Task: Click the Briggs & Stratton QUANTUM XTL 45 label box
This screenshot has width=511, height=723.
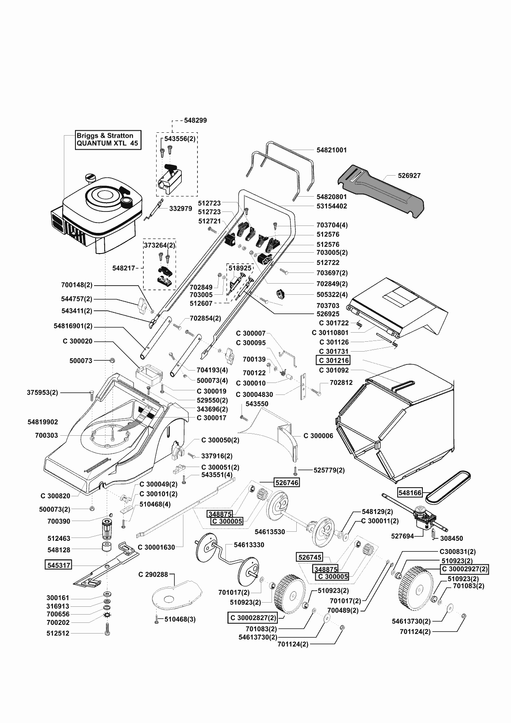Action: tap(108, 140)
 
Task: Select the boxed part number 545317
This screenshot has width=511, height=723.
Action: tap(58, 565)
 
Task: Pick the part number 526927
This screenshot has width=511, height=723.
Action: tap(409, 175)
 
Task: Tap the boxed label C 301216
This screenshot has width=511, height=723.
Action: tap(333, 360)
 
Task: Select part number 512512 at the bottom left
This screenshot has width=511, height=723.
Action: tap(58, 633)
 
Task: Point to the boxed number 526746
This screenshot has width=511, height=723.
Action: tap(287, 482)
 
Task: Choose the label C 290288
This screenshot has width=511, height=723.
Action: tap(153, 574)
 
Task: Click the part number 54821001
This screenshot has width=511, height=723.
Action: tap(332, 150)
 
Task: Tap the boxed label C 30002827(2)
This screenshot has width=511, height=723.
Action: tap(252, 617)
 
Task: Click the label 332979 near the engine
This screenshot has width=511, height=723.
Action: tap(180, 209)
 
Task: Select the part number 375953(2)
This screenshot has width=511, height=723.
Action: tap(43, 392)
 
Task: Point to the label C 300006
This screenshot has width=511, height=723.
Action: tap(319, 436)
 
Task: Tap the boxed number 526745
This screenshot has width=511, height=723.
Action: tap(309, 557)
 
